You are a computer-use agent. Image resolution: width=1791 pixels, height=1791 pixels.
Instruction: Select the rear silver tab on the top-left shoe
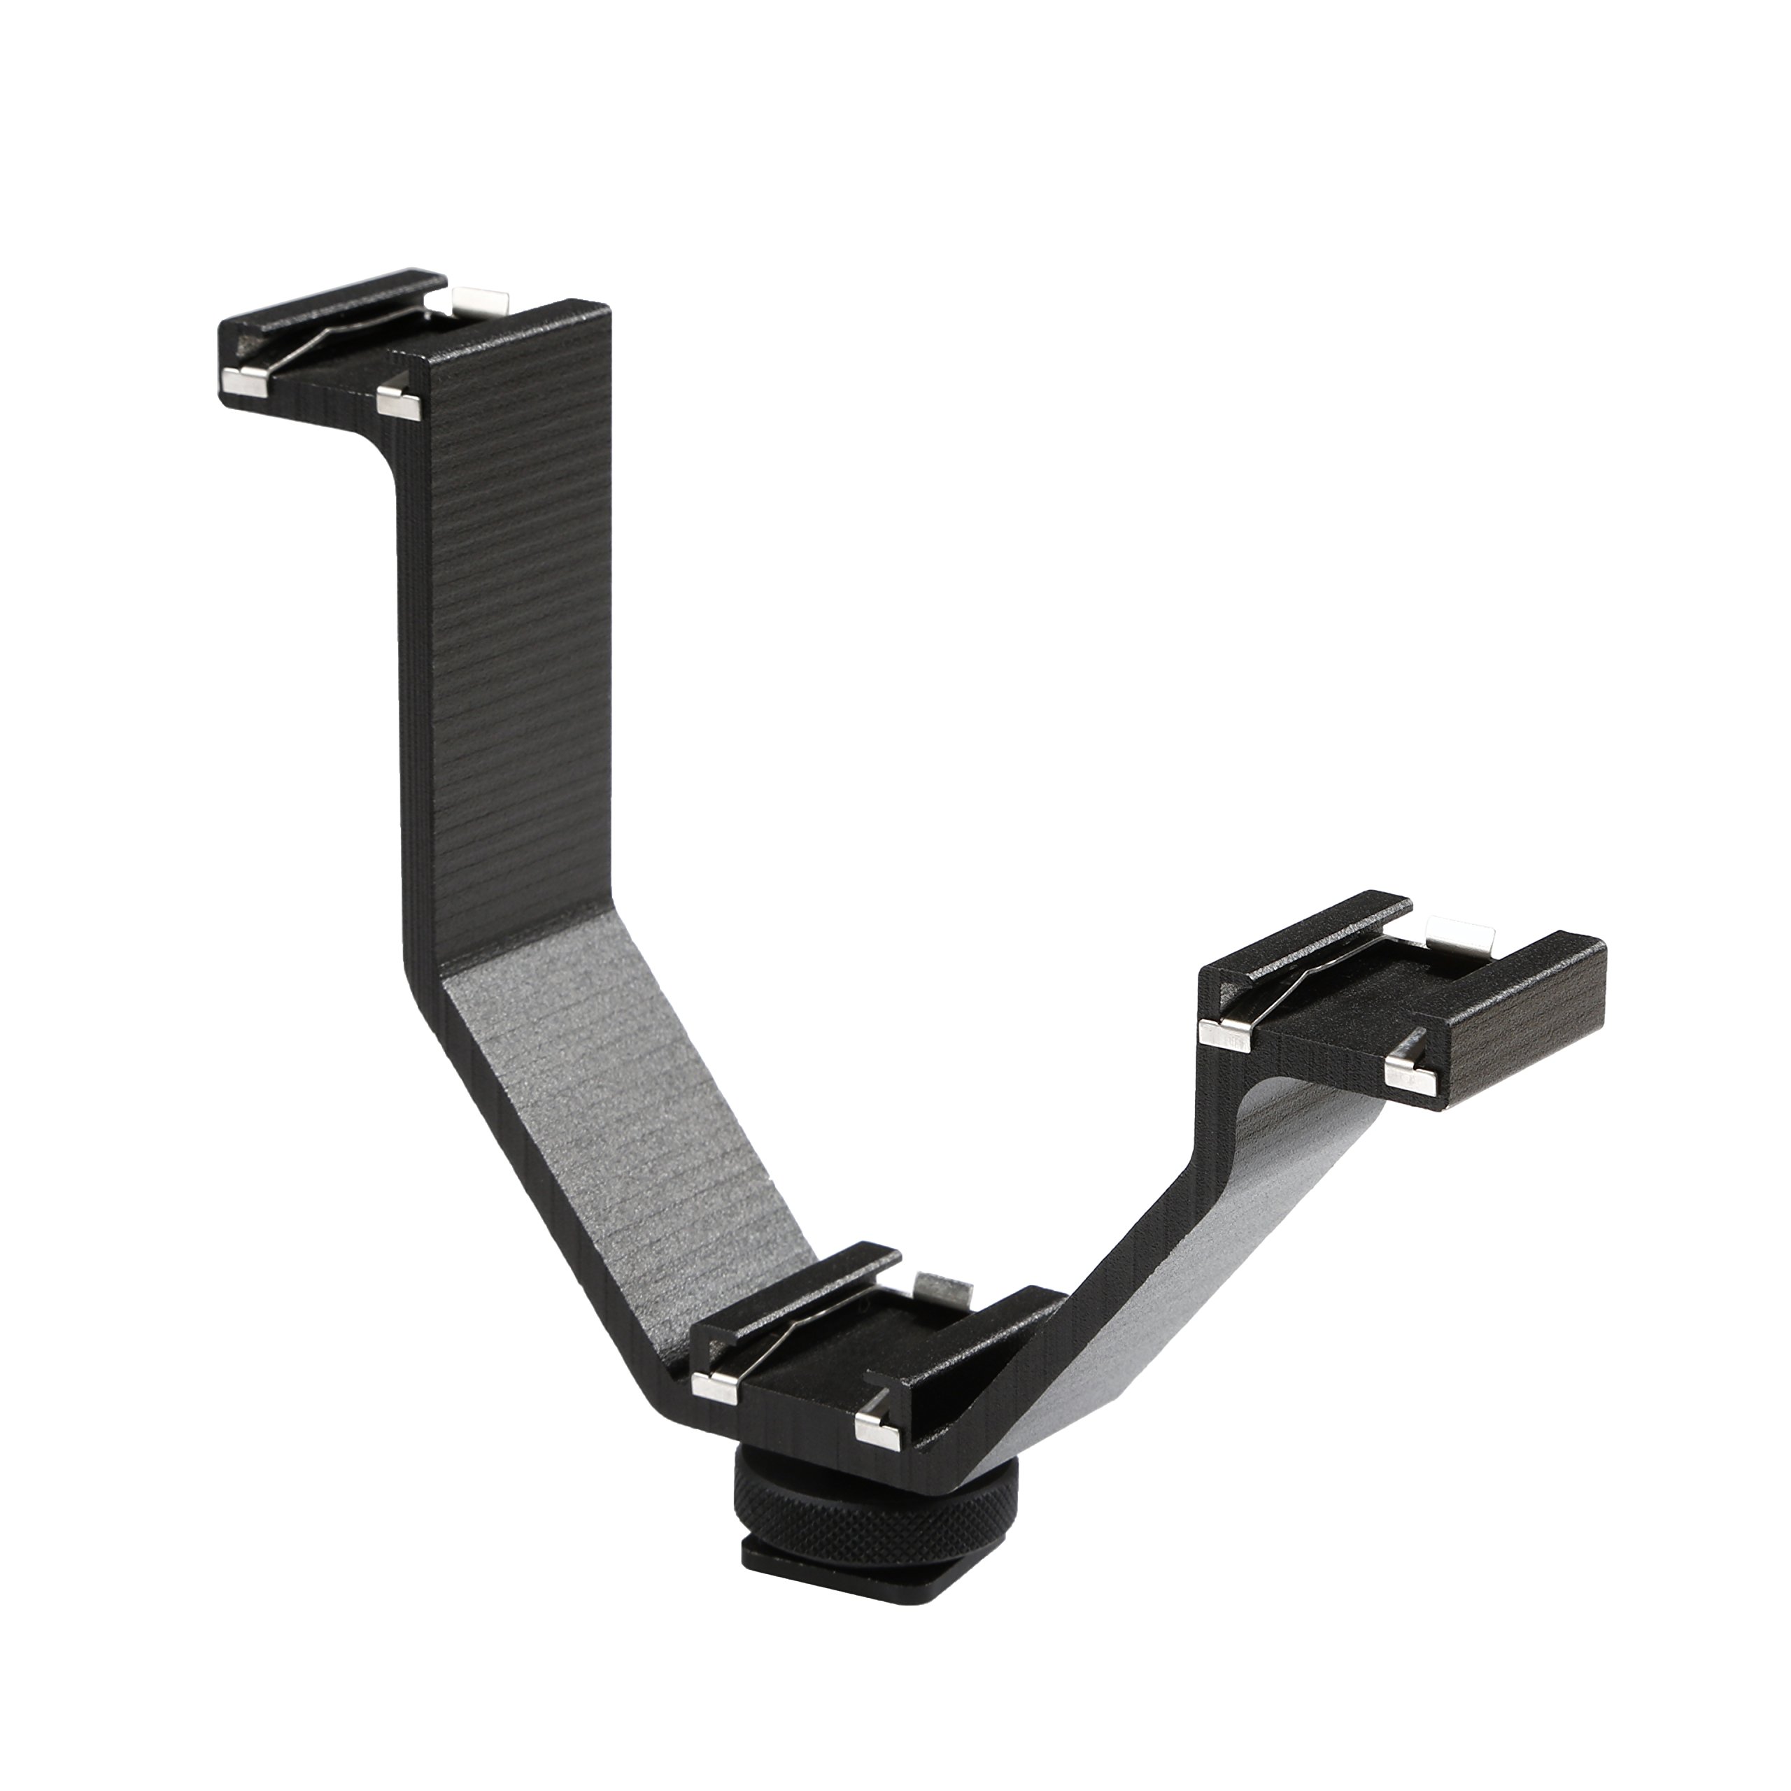(x=480, y=302)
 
